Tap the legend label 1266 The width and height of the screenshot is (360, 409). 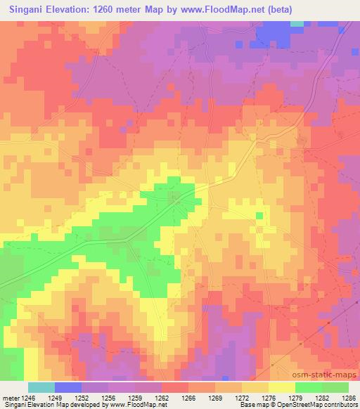[x=186, y=398]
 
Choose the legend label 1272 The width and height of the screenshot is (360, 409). [x=240, y=398]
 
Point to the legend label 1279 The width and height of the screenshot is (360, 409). [x=294, y=398]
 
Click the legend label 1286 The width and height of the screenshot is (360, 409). [x=347, y=398]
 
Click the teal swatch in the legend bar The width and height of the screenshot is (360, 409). [x=41, y=387]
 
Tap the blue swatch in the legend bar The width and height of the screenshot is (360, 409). [x=68, y=387]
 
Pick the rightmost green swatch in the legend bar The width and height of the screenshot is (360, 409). [x=335, y=387]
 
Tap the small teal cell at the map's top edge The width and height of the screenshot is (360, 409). [x=297, y=22]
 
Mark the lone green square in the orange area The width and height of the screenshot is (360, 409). [x=259, y=216]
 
